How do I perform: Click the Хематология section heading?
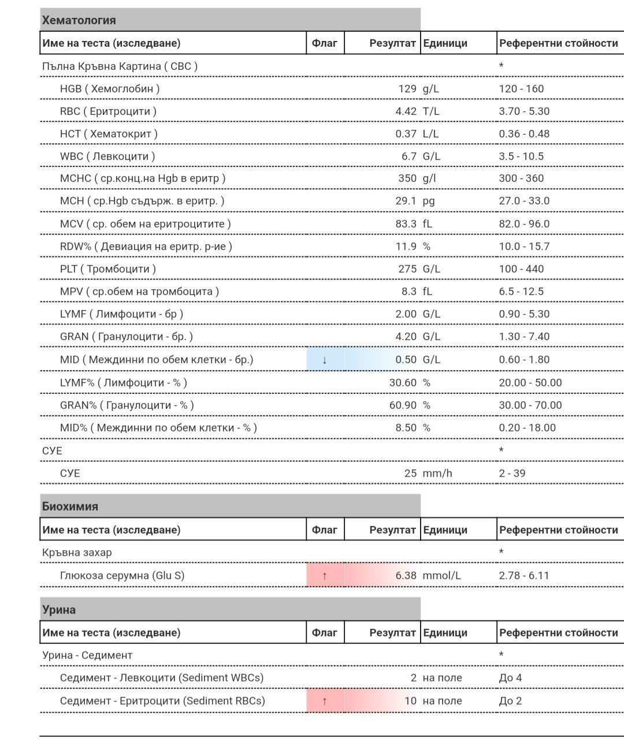pyautogui.click(x=79, y=20)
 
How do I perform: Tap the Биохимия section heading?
pyautogui.click(x=70, y=506)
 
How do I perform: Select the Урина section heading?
pyautogui.click(x=59, y=610)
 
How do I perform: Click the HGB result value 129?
pyautogui.click(x=407, y=89)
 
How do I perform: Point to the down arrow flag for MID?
pyautogui.click(x=325, y=360)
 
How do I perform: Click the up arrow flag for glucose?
pyautogui.click(x=325, y=576)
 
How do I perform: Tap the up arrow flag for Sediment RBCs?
pyautogui.click(x=325, y=701)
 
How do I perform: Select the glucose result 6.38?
pyautogui.click(x=406, y=576)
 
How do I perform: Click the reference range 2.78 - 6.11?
pyautogui.click(x=524, y=576)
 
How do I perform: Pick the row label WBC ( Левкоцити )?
pyautogui.click(x=107, y=157)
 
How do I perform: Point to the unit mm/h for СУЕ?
pyautogui.click(x=437, y=474)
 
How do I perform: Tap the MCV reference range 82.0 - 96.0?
pyautogui.click(x=524, y=224)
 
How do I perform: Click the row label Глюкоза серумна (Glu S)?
pyautogui.click(x=122, y=576)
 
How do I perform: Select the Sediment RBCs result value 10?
pyautogui.click(x=410, y=701)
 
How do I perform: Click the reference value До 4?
pyautogui.click(x=510, y=678)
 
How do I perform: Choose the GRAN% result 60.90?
pyautogui.click(x=403, y=405)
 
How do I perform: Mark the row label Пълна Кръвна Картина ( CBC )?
pyautogui.click(x=120, y=66)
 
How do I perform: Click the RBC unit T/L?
pyautogui.click(x=431, y=111)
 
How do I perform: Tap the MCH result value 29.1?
pyautogui.click(x=406, y=201)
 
